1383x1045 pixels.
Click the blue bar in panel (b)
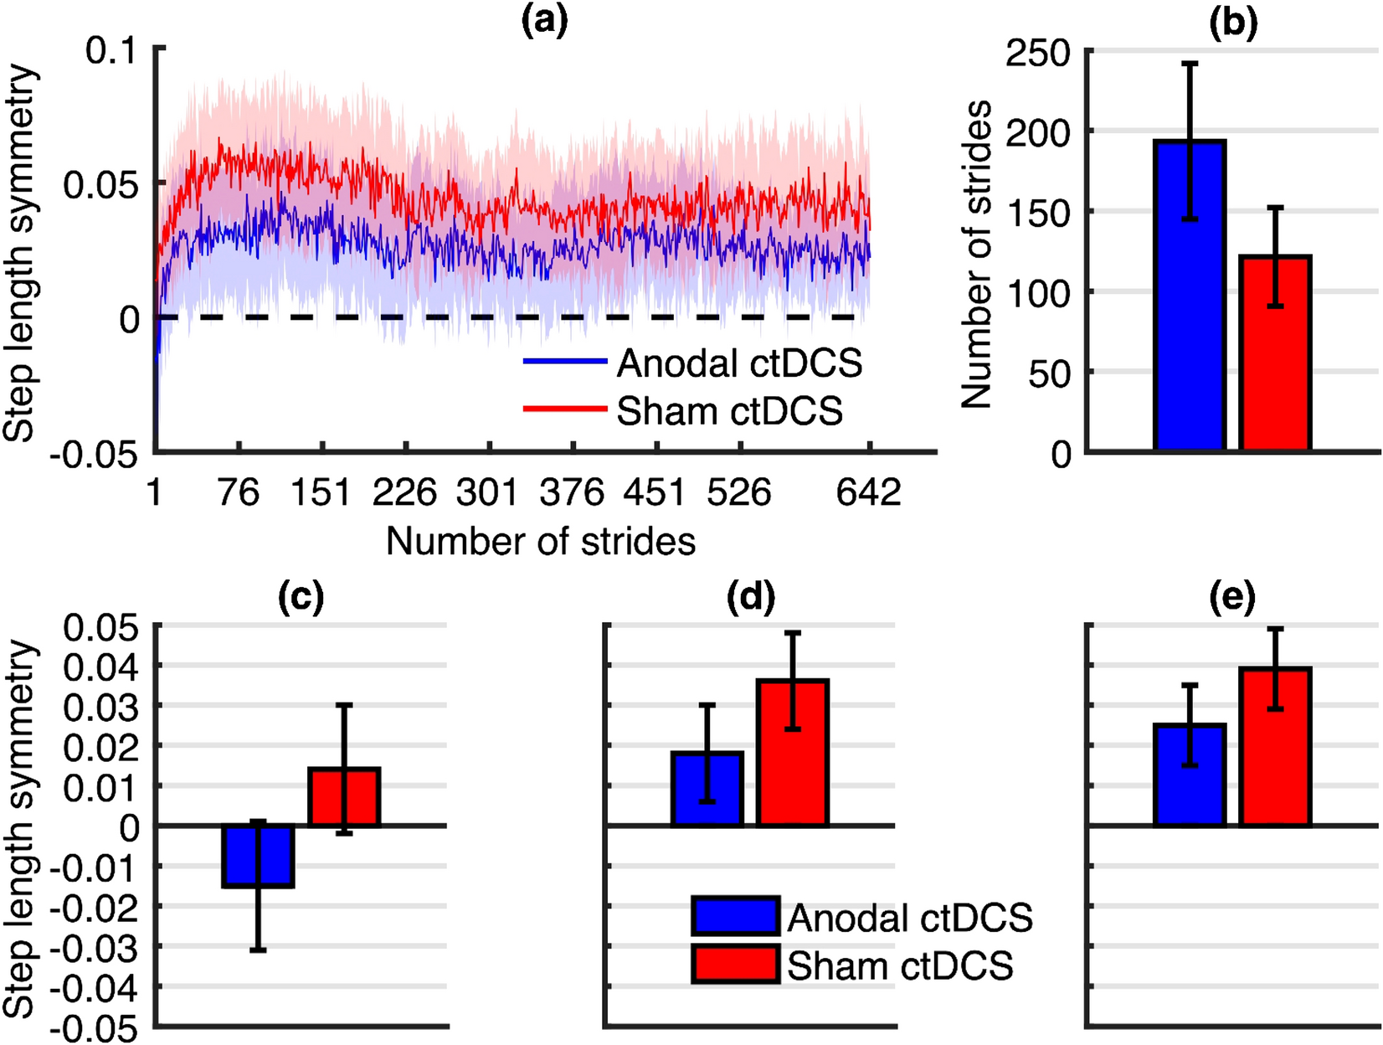click(1190, 335)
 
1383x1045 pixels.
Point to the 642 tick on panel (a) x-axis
click(869, 492)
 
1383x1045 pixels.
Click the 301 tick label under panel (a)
click(487, 492)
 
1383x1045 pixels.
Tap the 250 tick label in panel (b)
click(1038, 53)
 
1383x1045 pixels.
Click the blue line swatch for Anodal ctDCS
click(565, 362)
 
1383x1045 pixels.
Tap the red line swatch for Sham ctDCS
click(565, 409)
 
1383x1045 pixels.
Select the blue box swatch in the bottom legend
click(735, 916)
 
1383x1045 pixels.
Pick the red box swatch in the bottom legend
click(735, 964)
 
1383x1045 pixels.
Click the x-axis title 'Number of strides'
click(541, 542)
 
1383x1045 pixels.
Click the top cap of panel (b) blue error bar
click(1190, 63)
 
